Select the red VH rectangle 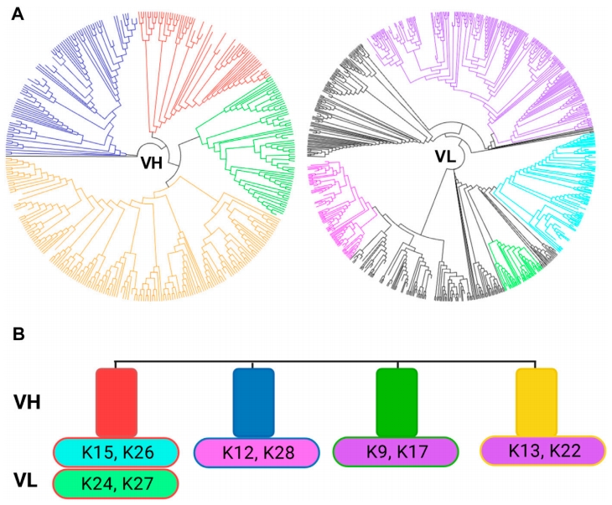tap(117, 402)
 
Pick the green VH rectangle tap(397, 402)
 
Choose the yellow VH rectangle tap(536, 402)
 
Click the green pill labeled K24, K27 tap(116, 483)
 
